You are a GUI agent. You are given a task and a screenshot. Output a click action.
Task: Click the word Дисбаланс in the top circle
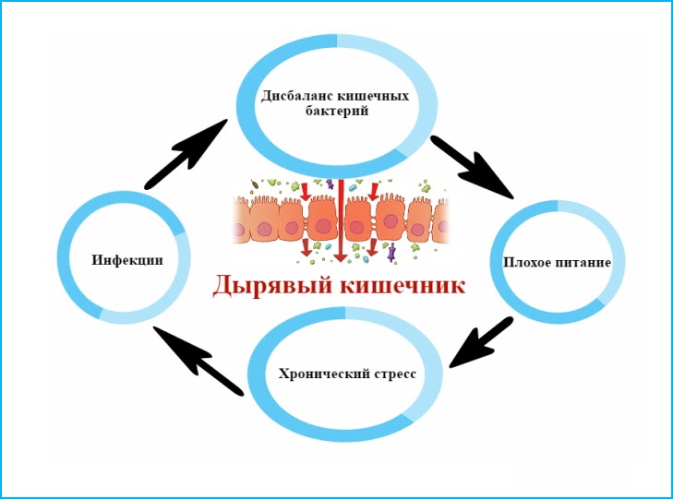coord(290,96)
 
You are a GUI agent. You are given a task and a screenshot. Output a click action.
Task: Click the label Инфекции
coord(126,260)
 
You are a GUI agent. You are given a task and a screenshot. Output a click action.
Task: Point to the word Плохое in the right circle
coord(528,263)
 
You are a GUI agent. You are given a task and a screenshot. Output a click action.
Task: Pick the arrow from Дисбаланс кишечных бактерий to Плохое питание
coord(471,165)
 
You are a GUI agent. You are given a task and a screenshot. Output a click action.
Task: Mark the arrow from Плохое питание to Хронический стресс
coord(483,341)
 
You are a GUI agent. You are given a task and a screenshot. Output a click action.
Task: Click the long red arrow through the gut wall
coord(342,221)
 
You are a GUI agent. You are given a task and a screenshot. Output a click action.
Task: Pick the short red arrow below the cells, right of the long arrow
coord(372,248)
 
